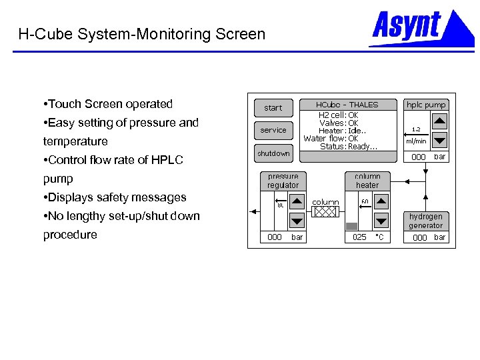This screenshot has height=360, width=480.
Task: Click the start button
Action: (273, 107)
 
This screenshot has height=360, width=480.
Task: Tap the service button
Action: (273, 130)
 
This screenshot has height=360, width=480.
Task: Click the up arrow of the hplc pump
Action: (439, 121)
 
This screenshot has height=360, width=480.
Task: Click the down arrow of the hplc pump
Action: (439, 141)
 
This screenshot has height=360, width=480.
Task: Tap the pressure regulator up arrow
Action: (297, 202)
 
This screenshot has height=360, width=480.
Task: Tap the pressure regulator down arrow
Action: (297, 221)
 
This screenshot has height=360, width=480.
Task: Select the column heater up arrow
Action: (381, 202)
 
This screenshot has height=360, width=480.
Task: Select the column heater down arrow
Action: (381, 221)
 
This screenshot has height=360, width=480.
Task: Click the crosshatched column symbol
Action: (326, 212)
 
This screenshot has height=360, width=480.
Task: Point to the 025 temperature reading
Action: (359, 237)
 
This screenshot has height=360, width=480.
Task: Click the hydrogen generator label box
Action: (426, 221)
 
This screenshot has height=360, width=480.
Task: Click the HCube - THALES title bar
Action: (347, 105)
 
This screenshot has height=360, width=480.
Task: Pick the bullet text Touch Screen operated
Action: (111, 104)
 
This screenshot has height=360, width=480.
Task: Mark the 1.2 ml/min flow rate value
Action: (416, 129)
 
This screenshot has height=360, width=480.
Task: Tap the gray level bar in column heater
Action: (351, 226)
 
